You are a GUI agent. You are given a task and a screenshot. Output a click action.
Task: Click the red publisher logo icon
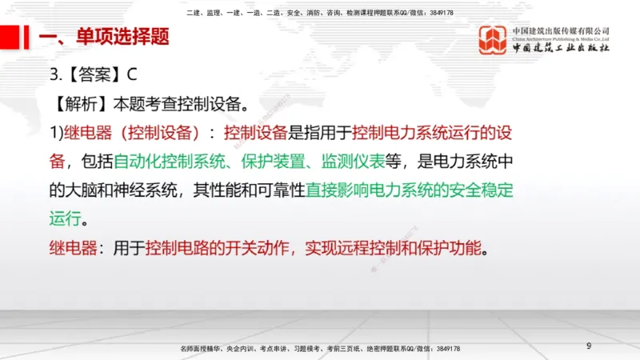[x=492, y=40]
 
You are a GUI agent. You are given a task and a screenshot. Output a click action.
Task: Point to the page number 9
[x=589, y=346]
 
